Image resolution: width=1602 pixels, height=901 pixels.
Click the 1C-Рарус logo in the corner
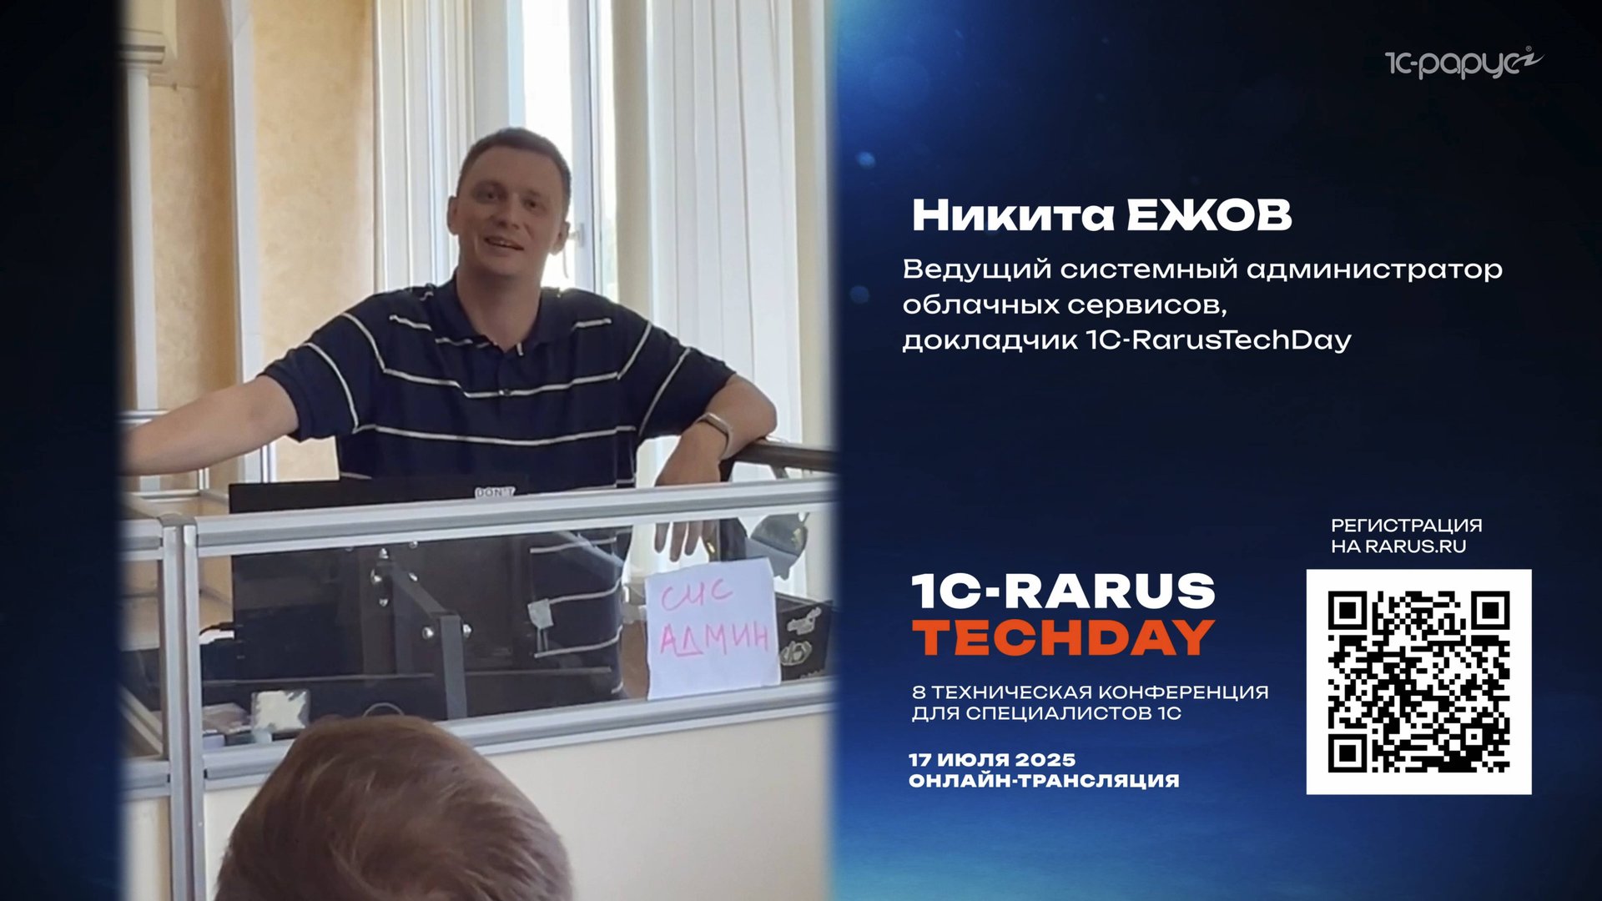click(x=1463, y=63)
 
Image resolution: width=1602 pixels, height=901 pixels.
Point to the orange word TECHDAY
click(x=1064, y=638)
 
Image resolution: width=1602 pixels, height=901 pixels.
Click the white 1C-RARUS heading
click(x=1064, y=591)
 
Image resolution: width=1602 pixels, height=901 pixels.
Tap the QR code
click(x=1418, y=682)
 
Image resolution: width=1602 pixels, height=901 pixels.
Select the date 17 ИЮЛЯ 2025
click(x=992, y=760)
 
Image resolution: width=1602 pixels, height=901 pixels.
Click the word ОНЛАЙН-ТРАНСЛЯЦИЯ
click(x=1044, y=781)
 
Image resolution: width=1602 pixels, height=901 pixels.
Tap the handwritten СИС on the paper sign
click(x=697, y=594)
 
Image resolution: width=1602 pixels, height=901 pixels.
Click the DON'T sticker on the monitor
click(x=494, y=493)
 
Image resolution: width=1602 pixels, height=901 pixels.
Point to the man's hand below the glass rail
click(x=686, y=538)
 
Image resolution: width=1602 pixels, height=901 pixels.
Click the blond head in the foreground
click(x=392, y=809)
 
